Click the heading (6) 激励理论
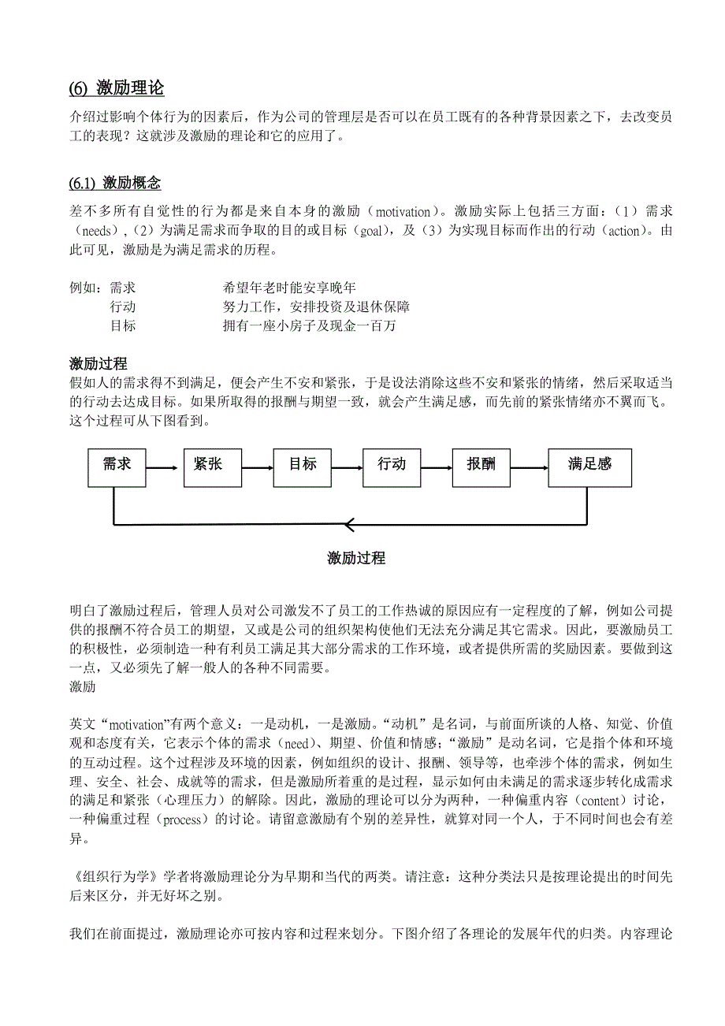[117, 87]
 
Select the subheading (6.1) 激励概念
[115, 183]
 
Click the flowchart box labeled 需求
[117, 465]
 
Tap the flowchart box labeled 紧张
[208, 465]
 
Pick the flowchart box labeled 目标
[303, 465]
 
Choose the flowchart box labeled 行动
[392, 465]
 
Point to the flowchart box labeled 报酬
[481, 465]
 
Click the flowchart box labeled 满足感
[589, 465]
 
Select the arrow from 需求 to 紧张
[162, 468]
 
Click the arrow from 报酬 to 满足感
[527, 468]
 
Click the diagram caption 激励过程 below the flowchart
[356, 558]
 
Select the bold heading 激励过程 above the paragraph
[99, 363]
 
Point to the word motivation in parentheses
[403, 212]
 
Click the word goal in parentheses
[371, 232]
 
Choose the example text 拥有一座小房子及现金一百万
[309, 326]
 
